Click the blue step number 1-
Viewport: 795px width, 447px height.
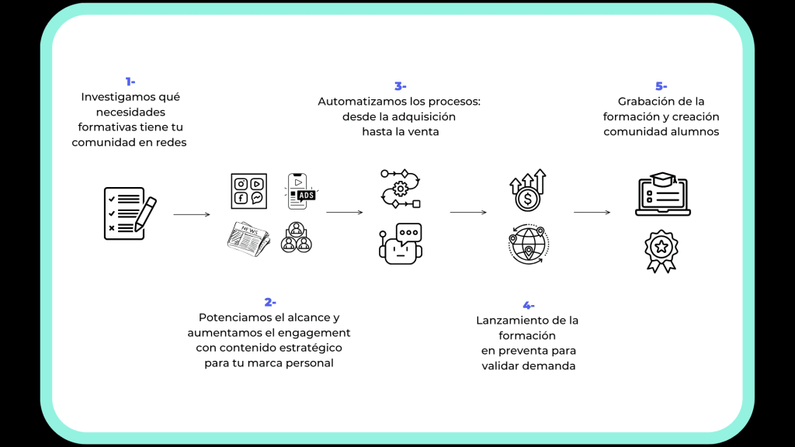[130, 81]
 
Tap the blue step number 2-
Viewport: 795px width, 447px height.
[269, 302]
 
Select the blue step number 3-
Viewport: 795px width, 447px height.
[400, 86]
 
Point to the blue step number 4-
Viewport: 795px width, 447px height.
[528, 305]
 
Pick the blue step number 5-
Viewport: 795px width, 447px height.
[661, 86]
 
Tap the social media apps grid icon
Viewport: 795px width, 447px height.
[248, 191]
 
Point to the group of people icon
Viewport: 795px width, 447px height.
[297, 237]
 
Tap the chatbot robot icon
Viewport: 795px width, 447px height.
[401, 242]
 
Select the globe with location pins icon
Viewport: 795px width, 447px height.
[528, 244]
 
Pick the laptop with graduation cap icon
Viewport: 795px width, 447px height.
[662, 194]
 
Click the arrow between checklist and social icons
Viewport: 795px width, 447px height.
[192, 214]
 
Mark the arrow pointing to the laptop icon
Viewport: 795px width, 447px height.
[592, 212]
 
